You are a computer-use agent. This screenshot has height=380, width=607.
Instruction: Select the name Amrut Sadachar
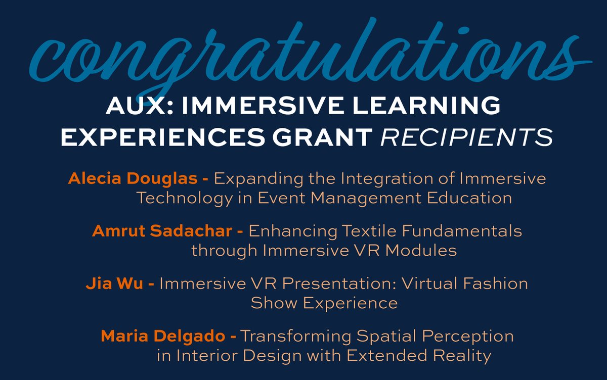point(161,231)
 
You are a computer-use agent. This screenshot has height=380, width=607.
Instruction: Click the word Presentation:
point(332,283)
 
